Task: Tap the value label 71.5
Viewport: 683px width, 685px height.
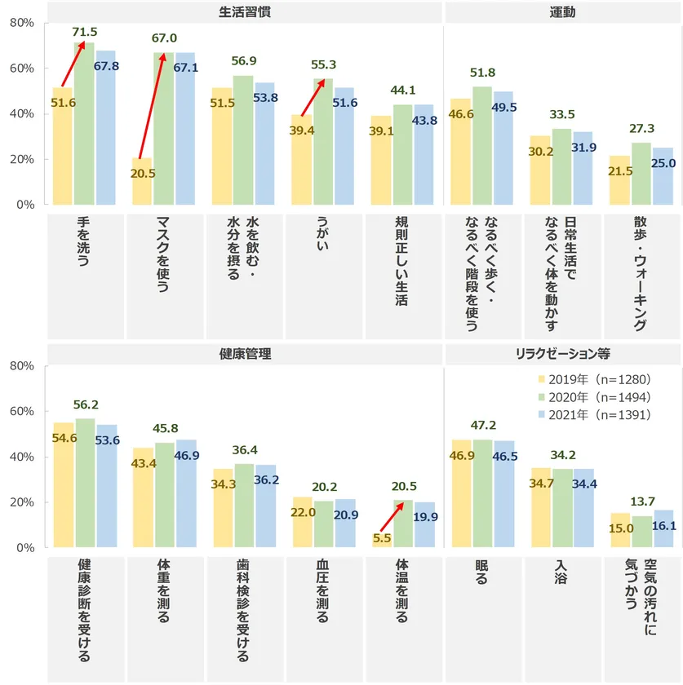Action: (85, 32)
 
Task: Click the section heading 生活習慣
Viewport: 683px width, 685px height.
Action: (244, 12)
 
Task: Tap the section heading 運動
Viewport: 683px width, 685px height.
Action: (562, 12)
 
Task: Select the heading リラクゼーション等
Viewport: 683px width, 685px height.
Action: (562, 355)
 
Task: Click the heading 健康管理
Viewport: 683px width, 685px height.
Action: (244, 355)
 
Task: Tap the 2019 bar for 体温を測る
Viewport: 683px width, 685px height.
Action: (381, 541)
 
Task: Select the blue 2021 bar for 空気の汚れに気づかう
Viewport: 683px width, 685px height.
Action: (663, 529)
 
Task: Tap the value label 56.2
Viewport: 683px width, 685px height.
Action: (85, 404)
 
